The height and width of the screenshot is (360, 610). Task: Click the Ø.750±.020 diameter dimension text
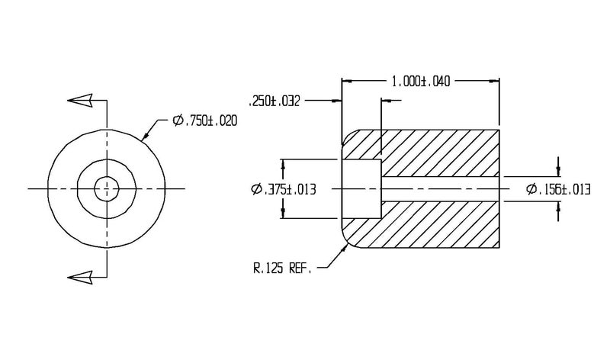(204, 121)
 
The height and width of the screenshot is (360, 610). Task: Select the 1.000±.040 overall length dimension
(421, 82)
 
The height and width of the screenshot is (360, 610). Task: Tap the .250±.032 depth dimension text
(274, 101)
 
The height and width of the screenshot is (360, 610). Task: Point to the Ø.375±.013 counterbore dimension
(284, 190)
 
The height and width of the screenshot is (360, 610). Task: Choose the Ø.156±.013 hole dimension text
(558, 190)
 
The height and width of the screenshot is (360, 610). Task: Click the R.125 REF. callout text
(282, 268)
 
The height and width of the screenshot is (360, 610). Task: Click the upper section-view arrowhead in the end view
(80, 101)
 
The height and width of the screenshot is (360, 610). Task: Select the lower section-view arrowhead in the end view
(80, 278)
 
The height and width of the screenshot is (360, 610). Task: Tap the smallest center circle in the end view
(107, 189)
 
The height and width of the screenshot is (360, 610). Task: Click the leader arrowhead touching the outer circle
(146, 135)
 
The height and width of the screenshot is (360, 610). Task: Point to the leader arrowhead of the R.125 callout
(345, 249)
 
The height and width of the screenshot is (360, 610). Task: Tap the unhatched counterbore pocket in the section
(361, 188)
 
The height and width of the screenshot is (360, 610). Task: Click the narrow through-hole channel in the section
(441, 188)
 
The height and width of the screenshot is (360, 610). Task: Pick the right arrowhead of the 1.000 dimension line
(494, 82)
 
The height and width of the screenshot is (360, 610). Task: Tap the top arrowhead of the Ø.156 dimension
(559, 172)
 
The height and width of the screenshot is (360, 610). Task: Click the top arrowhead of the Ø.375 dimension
(283, 165)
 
